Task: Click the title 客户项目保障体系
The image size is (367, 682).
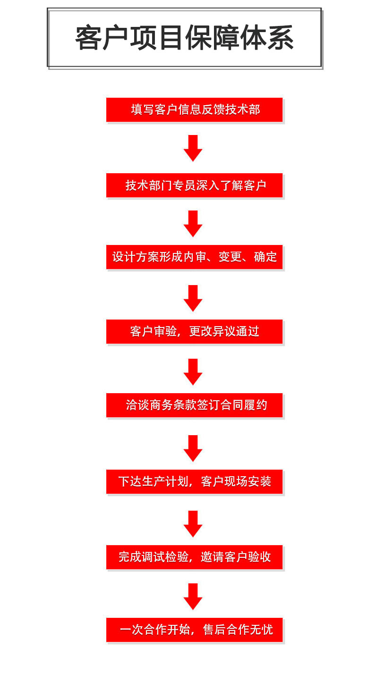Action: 184,38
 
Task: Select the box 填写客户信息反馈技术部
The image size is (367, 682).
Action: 194,109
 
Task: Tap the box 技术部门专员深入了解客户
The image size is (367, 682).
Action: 194,185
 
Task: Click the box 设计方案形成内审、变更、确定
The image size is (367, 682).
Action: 194,257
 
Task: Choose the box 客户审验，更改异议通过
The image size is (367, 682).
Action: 194,331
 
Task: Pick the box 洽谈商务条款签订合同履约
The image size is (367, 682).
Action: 194,405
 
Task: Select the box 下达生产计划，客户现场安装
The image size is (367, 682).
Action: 194,481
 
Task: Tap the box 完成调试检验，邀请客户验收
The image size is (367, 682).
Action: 194,557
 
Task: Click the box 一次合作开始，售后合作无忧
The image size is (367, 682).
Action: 194,630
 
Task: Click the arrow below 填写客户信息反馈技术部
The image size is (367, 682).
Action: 193,148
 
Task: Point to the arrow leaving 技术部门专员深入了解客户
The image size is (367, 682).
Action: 193,223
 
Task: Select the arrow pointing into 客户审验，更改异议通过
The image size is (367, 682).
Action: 193,298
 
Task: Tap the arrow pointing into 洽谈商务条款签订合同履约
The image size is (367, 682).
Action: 193,371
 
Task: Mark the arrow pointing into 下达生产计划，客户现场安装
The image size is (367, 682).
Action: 193,448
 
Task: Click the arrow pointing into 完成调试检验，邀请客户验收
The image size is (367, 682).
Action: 193,523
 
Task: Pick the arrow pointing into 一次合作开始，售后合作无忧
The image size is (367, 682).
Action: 193,596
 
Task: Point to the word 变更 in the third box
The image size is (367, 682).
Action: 230,257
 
